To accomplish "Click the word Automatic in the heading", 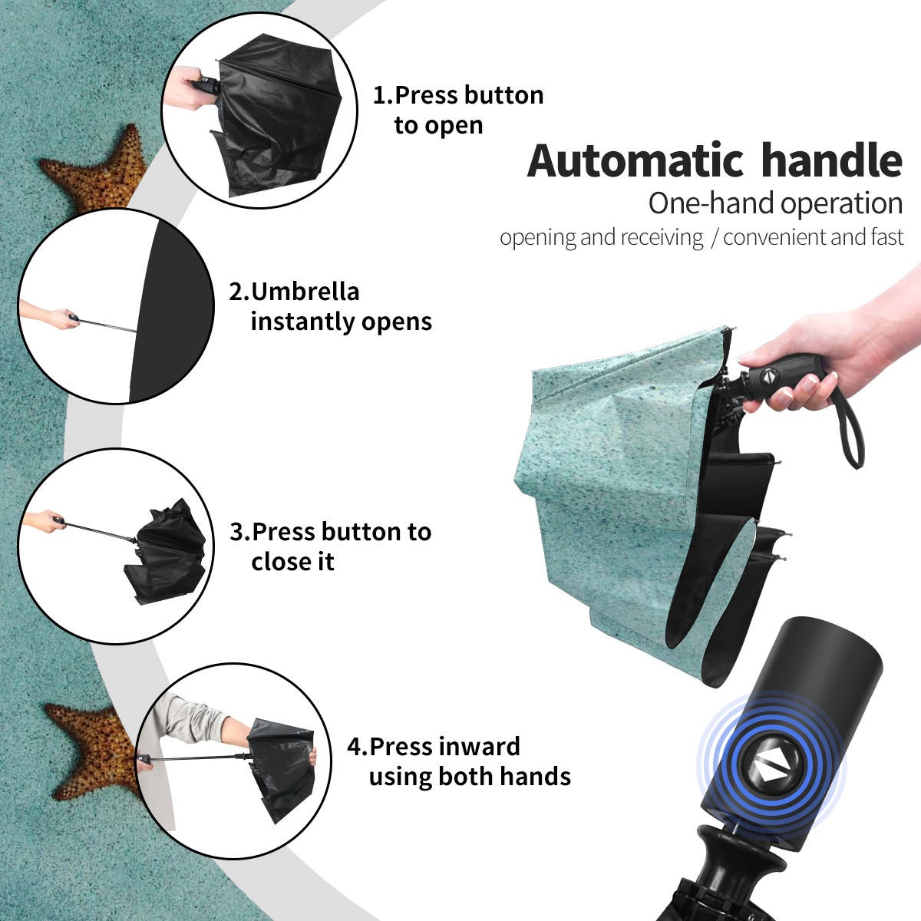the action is click(x=635, y=161).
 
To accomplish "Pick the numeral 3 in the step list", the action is click(x=237, y=532).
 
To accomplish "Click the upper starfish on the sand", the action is click(x=95, y=170).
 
